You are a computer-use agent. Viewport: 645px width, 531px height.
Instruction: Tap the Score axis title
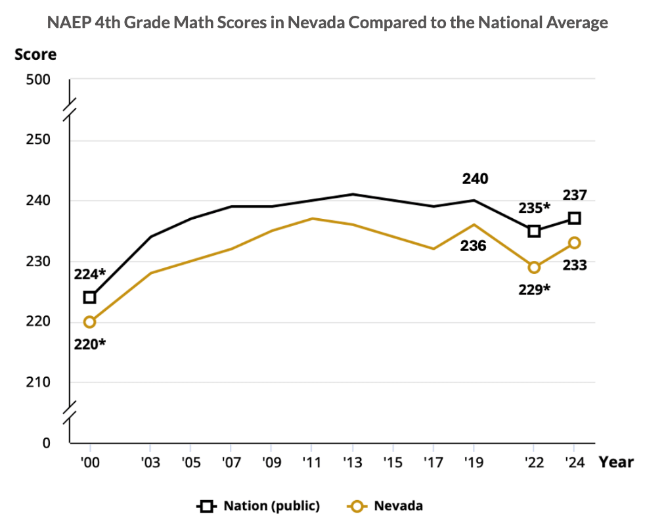[35, 55]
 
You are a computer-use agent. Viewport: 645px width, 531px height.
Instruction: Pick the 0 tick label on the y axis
[46, 443]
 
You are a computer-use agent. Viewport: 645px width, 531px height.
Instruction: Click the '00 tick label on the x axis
[89, 462]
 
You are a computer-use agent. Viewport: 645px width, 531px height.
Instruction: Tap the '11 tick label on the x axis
[312, 462]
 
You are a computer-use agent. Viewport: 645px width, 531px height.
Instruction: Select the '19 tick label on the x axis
[474, 462]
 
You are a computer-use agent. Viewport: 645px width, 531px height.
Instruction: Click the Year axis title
[616, 462]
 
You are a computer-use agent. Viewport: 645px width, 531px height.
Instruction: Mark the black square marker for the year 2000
[89, 297]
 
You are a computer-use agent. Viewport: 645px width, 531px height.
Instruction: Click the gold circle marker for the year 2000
[89, 322]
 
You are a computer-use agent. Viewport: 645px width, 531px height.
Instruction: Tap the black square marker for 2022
[534, 231]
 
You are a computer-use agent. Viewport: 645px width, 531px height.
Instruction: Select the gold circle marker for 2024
[574, 242]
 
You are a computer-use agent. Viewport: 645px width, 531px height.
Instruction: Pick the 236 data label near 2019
[473, 246]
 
